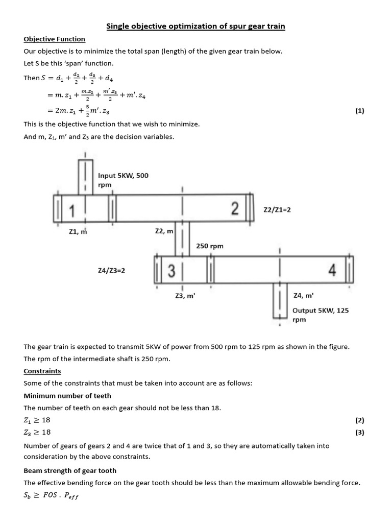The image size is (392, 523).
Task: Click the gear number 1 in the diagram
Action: tap(72, 210)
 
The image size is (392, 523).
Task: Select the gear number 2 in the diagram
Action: tap(234, 208)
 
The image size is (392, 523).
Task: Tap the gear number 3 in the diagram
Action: tap(171, 271)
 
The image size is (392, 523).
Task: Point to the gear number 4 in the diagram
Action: tap(332, 271)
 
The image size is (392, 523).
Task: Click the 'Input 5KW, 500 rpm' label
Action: tap(123, 180)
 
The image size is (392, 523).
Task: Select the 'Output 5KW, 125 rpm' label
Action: tap(321, 315)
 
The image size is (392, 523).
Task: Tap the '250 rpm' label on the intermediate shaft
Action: tap(210, 246)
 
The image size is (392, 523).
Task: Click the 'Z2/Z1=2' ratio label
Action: tap(277, 209)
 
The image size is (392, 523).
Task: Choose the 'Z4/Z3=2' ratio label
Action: tap(111, 271)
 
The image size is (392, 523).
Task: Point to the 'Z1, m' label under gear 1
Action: tap(78, 231)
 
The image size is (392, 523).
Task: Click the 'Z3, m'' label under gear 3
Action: tap(185, 295)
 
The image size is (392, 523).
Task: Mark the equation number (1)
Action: tap(360, 110)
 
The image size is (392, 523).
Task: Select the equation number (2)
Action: tap(360, 420)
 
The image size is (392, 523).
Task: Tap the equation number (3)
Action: tap(360, 432)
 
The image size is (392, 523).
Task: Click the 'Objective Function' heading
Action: tap(55, 39)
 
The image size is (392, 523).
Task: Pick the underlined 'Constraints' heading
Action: tap(42, 371)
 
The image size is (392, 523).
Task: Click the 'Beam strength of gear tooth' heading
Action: tap(70, 470)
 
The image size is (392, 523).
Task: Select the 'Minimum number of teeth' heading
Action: tap(67, 395)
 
